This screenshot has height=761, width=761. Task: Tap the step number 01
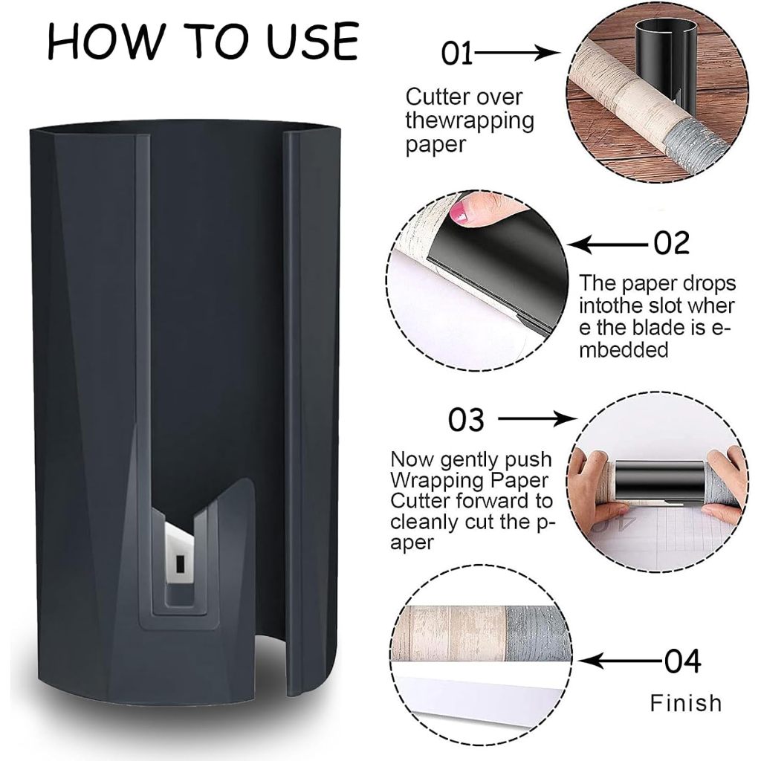[457, 54]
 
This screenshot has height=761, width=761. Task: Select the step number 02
[672, 243]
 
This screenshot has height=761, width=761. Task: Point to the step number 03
[466, 420]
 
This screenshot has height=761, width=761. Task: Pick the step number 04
[683, 661]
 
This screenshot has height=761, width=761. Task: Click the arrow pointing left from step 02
[609, 245]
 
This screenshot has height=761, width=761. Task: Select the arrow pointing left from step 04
[621, 661]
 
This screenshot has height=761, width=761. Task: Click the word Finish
[686, 703]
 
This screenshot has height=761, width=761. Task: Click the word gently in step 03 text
[470, 459]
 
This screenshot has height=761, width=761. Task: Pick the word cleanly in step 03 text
[424, 522]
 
